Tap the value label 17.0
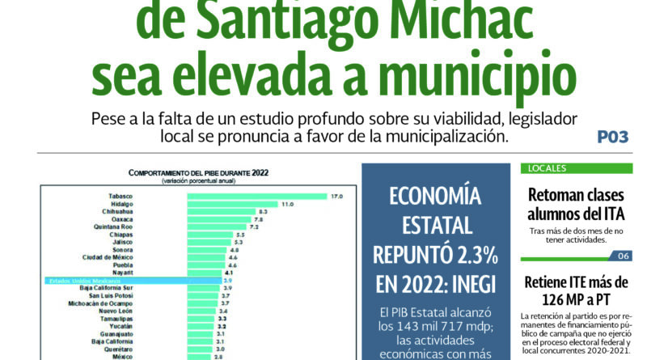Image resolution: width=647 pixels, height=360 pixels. [335, 196]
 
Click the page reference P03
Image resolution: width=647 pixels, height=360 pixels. [612, 138]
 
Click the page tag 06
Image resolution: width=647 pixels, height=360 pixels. [623, 256]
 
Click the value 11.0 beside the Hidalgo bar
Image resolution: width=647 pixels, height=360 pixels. [287, 204]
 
